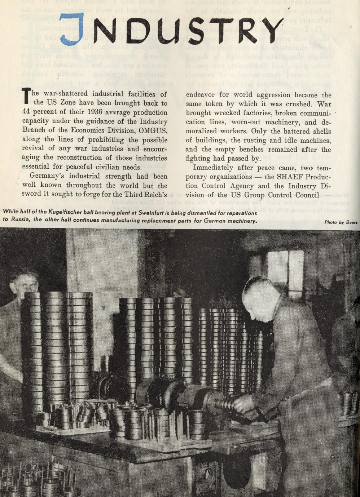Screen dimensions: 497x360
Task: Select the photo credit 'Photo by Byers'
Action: (341, 222)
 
